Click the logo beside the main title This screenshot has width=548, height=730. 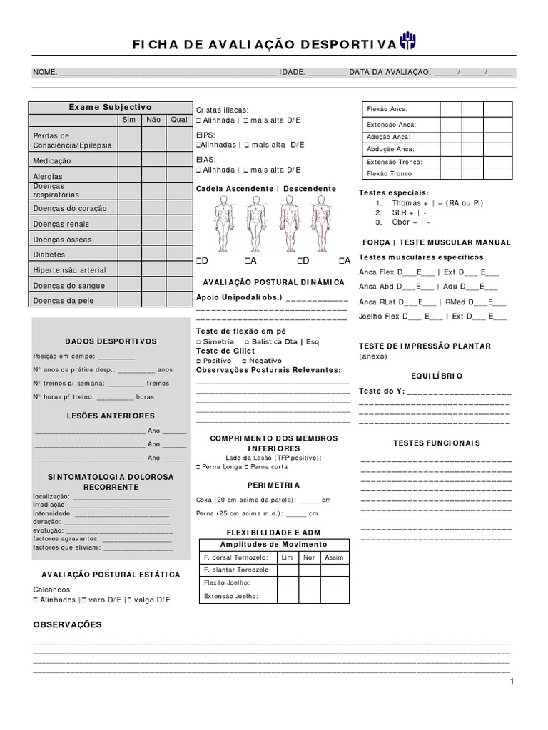(408, 41)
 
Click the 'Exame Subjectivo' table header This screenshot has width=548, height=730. (110, 107)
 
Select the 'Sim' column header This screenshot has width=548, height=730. (129, 120)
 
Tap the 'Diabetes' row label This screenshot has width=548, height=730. (49, 255)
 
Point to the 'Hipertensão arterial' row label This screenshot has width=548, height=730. (69, 270)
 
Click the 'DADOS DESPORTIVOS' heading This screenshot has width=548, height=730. (111, 341)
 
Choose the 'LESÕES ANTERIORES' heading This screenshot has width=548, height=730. (111, 416)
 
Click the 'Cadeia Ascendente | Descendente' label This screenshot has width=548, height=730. (265, 189)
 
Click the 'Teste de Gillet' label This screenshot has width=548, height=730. (225, 351)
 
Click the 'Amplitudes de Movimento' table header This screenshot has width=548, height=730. (273, 544)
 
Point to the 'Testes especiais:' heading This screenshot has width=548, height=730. (394, 192)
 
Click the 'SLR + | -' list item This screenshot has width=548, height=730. (410, 212)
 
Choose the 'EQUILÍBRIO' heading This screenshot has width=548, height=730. (437, 376)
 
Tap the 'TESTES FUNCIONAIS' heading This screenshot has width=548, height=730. (437, 443)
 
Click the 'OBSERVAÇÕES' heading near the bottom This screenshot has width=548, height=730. (68, 624)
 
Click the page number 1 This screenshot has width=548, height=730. (512, 682)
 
